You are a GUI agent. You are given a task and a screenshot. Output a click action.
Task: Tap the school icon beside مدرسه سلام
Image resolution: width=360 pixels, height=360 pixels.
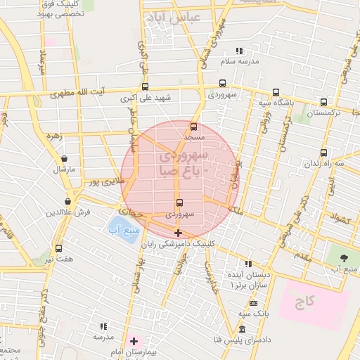[x=239, y=51]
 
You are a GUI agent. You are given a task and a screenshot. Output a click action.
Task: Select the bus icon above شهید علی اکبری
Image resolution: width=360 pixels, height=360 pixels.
[x=145, y=87]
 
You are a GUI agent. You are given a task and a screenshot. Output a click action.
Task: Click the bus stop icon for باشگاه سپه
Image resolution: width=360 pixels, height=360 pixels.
[x=276, y=92]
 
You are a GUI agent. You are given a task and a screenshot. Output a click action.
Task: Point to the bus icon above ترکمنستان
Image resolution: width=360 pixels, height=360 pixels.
[x=323, y=102]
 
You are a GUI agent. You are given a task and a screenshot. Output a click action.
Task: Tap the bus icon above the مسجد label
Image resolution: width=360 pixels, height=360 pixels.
[x=194, y=127]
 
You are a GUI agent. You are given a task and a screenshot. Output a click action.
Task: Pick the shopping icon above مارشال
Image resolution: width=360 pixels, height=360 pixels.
[x=65, y=159]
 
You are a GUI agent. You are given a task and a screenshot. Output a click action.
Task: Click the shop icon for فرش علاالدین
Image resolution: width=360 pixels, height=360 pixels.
[x=68, y=201]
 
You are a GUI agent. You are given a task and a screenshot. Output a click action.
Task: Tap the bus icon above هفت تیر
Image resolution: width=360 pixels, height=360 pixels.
[x=58, y=248]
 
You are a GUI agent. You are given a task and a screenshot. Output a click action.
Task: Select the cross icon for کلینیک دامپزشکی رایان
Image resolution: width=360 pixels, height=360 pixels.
[x=178, y=233]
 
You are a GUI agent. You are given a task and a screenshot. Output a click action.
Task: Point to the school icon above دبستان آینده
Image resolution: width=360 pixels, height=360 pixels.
[x=248, y=263]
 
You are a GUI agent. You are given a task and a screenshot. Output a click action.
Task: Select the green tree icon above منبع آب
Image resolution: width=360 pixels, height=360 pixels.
[x=343, y=257]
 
